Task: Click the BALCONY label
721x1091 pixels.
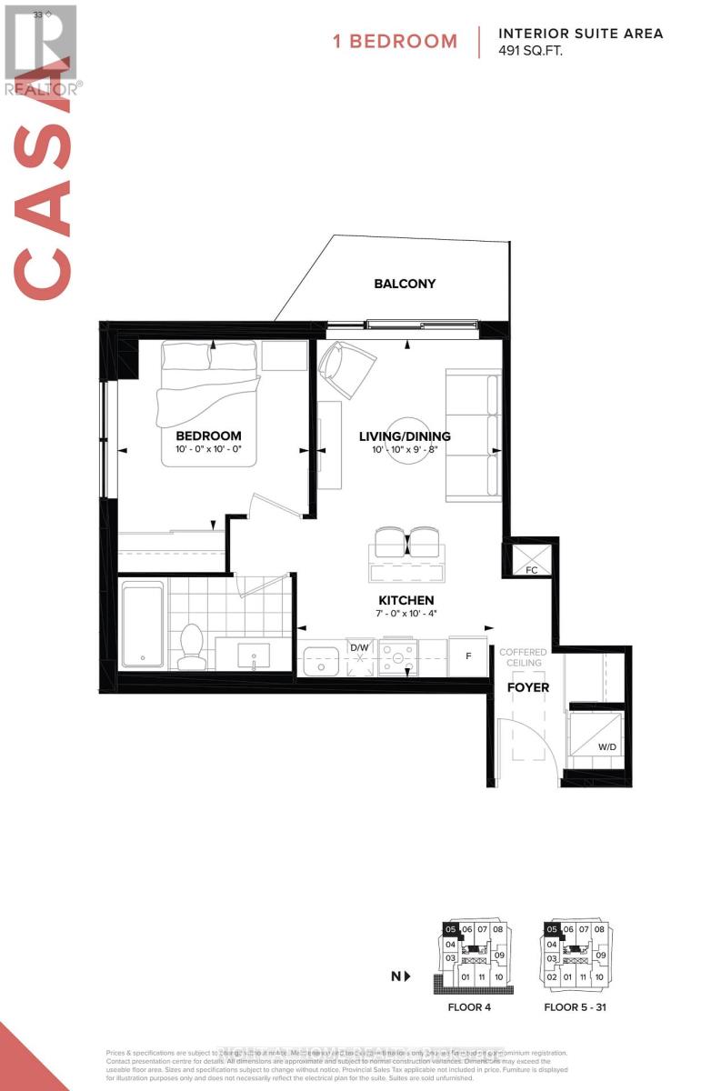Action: [x=405, y=284]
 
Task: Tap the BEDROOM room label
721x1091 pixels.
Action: [x=208, y=435]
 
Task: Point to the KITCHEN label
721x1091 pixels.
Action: [x=406, y=601]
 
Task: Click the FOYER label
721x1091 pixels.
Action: [x=528, y=687]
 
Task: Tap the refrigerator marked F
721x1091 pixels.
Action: [x=468, y=656]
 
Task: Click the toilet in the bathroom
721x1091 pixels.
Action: [x=191, y=646]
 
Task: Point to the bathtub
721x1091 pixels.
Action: [x=142, y=626]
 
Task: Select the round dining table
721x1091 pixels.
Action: [x=406, y=440]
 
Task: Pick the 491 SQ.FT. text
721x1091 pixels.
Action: [x=531, y=52]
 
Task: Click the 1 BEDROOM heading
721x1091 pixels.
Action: [x=396, y=41]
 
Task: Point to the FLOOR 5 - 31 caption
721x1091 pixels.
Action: [x=573, y=1007]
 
